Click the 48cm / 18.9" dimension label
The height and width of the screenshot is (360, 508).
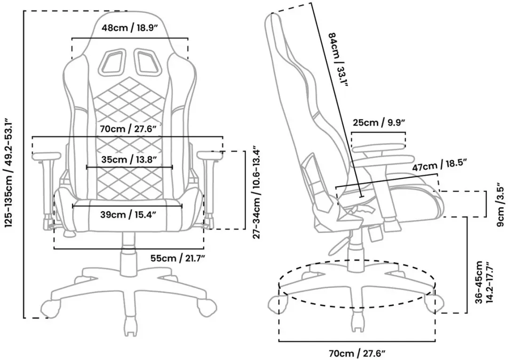coord(129,28)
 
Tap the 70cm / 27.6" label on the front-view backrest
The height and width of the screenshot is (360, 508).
coord(128,129)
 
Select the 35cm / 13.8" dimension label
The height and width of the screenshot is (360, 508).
coord(129,160)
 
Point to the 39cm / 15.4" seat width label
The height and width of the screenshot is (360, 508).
coord(128,215)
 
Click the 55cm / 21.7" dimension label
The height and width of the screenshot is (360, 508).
coord(177,258)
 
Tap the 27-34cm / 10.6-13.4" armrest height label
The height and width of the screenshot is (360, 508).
coord(257,192)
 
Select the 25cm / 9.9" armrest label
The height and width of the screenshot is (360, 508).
coord(379,123)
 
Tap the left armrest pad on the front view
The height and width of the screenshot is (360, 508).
coord(47,156)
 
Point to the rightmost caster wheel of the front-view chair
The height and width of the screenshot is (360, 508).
coord(207,307)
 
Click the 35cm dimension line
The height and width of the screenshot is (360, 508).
coord(129,167)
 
